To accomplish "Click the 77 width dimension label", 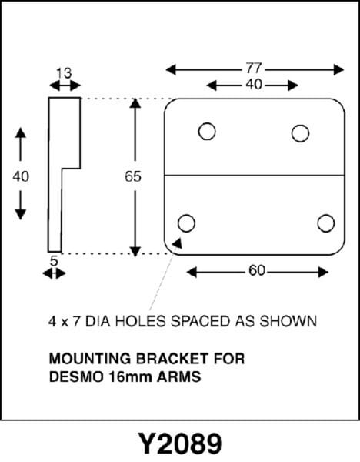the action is pos(254,69).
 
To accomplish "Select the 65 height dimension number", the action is pos(133,177).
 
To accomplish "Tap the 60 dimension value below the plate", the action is pos(257,270).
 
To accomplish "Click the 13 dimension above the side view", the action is pos(64,73).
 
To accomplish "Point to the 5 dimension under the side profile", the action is pos(54,261).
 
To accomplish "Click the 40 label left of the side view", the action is pos(21,177).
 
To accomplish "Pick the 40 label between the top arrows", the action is pos(253,85).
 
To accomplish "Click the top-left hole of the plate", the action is pos(207,131).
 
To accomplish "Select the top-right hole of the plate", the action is pos(300,133).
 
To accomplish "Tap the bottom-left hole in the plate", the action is pos(186,223).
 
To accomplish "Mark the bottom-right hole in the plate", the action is pos(326,223).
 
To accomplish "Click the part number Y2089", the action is pos(180,444).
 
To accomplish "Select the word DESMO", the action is pos(76,377).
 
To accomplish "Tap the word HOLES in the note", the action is pos(141,321).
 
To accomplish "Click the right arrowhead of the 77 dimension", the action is pos(338,70).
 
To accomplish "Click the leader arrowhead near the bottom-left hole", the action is pos(178,243).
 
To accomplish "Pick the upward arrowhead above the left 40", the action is pos(20,133).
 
